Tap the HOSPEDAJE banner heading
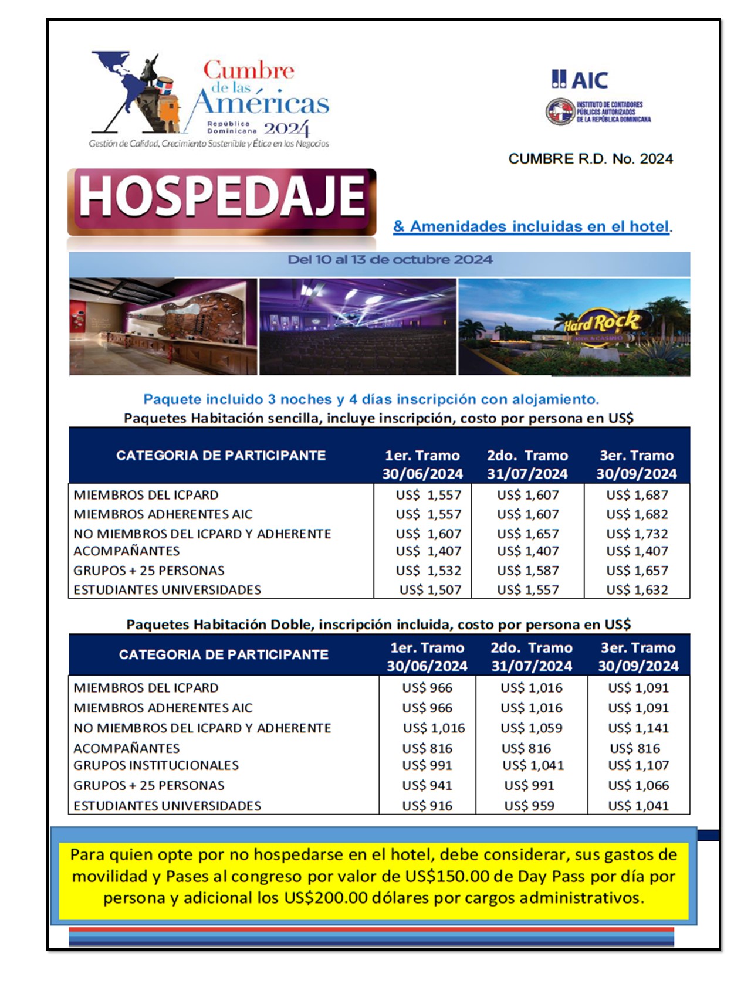222,197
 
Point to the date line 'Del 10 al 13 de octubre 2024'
390,260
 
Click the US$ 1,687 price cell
637,495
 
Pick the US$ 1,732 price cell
637,534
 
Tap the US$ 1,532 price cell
428,571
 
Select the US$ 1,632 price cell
637,590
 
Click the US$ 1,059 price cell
532,728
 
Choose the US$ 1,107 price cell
638,765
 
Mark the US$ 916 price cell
427,806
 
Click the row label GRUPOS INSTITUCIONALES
156,765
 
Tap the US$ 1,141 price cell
638,728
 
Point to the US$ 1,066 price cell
638,785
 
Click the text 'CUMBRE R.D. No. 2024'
590,159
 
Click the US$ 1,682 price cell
637,514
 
